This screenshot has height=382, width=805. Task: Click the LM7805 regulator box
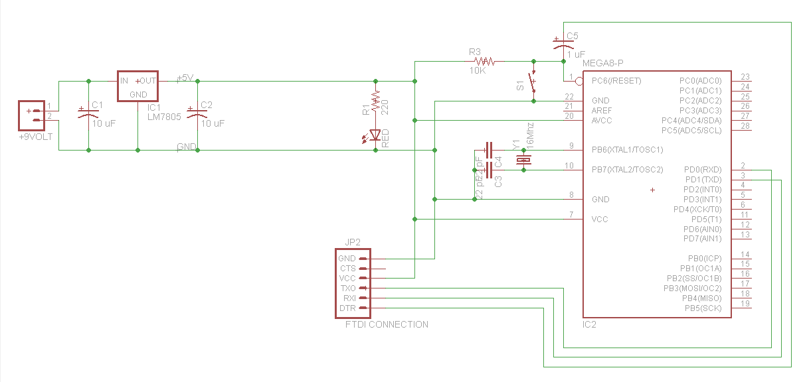(x=138, y=86)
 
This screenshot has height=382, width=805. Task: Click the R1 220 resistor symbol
(x=375, y=101)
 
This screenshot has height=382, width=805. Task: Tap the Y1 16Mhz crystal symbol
(x=524, y=160)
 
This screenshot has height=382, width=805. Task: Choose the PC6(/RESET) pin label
(x=616, y=81)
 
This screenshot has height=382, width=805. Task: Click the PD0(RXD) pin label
(x=702, y=169)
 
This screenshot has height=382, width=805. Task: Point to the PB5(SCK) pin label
(x=703, y=308)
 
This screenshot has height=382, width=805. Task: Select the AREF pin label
(x=602, y=110)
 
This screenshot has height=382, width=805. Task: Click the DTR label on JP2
(x=347, y=308)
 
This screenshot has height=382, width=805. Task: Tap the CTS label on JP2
(x=347, y=269)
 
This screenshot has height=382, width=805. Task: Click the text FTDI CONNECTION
(x=387, y=324)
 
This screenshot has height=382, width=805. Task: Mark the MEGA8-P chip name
(x=602, y=63)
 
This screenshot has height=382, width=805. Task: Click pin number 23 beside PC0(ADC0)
(x=745, y=77)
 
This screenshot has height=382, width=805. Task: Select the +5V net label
(x=184, y=78)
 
